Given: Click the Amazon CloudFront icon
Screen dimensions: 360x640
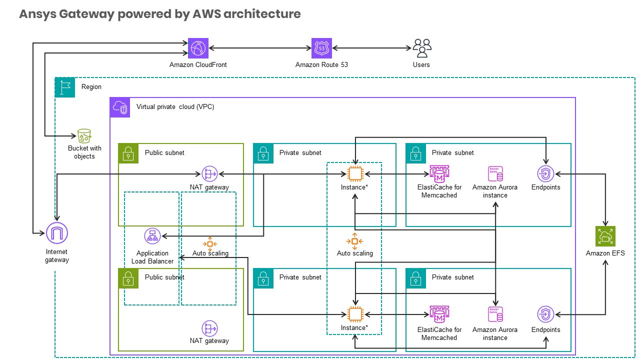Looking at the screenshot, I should click(x=198, y=48).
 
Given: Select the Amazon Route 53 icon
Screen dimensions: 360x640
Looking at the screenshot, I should click(x=321, y=48).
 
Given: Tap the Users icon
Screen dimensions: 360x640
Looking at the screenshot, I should click(x=421, y=48).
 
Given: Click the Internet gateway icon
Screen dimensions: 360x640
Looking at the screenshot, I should click(x=56, y=233).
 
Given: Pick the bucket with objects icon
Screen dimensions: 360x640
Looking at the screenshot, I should click(x=84, y=135).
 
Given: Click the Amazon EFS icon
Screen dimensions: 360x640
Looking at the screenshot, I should click(x=605, y=236).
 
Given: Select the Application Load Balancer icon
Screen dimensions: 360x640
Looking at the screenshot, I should click(x=152, y=236).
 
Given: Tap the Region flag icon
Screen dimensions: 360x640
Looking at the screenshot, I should click(x=64, y=87).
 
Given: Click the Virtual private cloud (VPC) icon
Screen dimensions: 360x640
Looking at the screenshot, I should click(x=120, y=107).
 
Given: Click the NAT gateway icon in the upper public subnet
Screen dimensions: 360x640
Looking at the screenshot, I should click(x=209, y=173).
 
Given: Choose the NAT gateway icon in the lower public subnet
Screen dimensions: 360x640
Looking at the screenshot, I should click(x=209, y=328).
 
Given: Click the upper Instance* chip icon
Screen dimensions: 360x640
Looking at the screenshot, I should click(x=354, y=173).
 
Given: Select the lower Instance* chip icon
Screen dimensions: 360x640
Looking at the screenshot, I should click(x=354, y=314).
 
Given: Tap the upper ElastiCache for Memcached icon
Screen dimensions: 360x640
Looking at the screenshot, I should click(x=438, y=173).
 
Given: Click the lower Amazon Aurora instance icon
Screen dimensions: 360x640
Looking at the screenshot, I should click(x=495, y=314).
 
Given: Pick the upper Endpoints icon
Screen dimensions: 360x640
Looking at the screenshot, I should click(x=545, y=173).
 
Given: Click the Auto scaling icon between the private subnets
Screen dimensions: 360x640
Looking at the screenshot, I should click(x=354, y=241).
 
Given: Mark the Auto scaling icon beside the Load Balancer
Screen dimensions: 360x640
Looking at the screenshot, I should click(x=210, y=243).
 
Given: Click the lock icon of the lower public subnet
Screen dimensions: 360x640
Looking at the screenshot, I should click(x=128, y=278).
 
